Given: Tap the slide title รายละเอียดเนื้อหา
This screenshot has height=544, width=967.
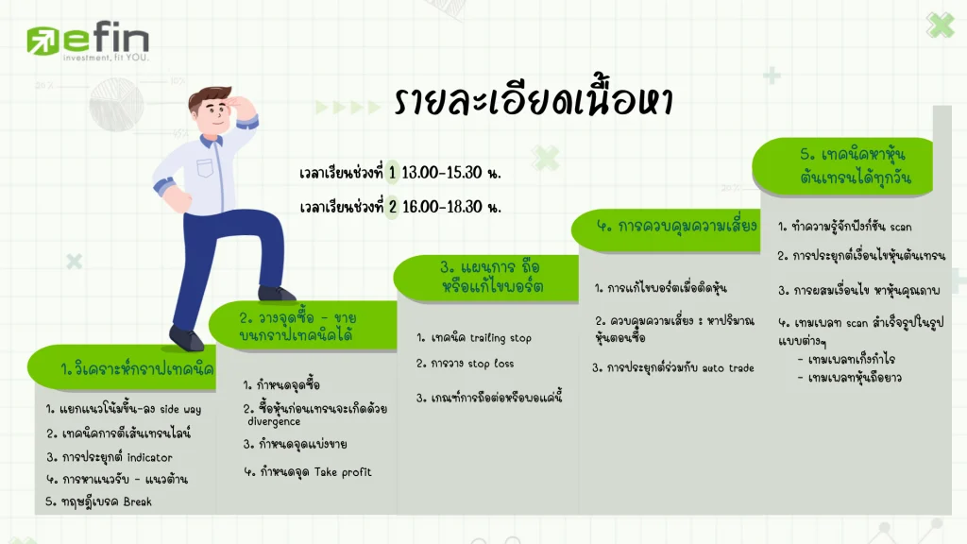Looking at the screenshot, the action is tap(534, 99).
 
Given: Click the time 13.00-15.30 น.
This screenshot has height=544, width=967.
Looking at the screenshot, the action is tap(450, 173).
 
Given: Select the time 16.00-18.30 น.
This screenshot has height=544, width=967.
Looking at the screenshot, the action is tap(451, 207).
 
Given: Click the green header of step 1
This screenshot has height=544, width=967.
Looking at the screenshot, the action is tap(122, 367).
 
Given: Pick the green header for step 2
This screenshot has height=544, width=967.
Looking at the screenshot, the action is tap(303, 326).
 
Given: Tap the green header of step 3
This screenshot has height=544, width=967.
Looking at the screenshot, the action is tap(486, 279).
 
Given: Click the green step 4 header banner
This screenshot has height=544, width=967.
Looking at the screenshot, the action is tap(666, 229).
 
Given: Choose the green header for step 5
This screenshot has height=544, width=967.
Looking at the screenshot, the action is tap(843, 166).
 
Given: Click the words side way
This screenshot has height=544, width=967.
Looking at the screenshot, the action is tap(180, 410).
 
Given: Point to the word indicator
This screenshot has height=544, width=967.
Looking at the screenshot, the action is tap(149, 458).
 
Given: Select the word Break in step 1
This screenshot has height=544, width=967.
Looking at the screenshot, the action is tap(137, 502).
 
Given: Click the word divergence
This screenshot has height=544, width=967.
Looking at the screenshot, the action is tap(274, 422).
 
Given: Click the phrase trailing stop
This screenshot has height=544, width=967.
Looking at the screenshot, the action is tap(500, 338).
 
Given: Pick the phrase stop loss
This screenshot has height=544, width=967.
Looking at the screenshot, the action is tap(490, 364).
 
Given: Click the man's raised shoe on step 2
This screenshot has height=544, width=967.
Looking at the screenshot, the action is tap(277, 294).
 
